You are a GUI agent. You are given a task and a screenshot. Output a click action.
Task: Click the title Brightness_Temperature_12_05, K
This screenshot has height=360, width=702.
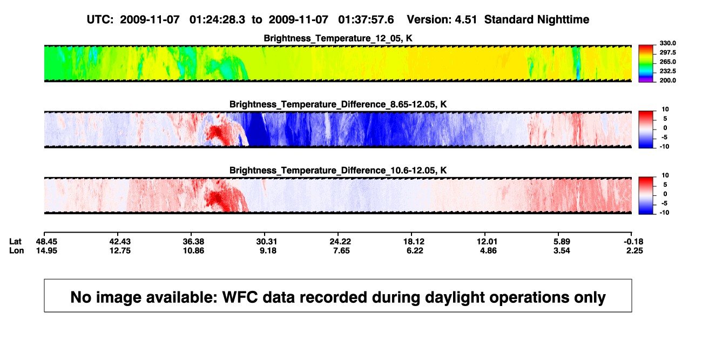tap(338, 38)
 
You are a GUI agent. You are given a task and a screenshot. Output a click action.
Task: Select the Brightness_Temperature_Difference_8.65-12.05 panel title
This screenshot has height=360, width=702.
tap(338, 104)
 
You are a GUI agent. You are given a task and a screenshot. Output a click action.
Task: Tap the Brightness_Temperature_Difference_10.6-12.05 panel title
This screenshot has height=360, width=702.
tap(338, 171)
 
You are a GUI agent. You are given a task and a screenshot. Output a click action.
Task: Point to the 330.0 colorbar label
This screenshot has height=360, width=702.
tap(667, 43)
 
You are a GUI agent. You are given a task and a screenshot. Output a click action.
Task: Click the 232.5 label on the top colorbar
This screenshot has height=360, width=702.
tap(667, 71)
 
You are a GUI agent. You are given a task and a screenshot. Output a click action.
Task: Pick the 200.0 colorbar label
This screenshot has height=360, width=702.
tap(667, 80)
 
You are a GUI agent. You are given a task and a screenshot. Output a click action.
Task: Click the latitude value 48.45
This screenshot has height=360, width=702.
tap(46, 242)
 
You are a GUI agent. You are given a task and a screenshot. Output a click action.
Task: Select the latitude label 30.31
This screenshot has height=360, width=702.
tap(267, 242)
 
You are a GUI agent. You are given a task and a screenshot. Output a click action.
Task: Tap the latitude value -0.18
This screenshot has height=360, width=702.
tap(633, 242)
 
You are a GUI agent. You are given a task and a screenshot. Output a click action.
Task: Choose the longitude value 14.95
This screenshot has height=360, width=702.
tap(46, 250)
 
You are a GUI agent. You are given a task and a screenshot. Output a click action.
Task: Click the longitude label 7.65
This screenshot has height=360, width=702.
tap(341, 250)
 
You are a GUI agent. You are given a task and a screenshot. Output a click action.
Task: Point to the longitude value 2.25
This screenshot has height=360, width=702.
tap(634, 250)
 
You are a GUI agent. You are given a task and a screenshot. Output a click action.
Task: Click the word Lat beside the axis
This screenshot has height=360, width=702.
tap(15, 242)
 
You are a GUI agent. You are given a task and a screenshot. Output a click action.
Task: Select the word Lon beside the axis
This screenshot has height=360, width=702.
tap(16, 250)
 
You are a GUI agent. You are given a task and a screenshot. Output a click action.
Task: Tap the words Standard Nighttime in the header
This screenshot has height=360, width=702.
tap(537, 20)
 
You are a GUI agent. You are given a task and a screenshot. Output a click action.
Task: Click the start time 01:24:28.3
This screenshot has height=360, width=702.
tap(217, 20)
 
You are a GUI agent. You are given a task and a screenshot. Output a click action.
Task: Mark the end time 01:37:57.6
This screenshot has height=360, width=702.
tap(366, 20)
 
